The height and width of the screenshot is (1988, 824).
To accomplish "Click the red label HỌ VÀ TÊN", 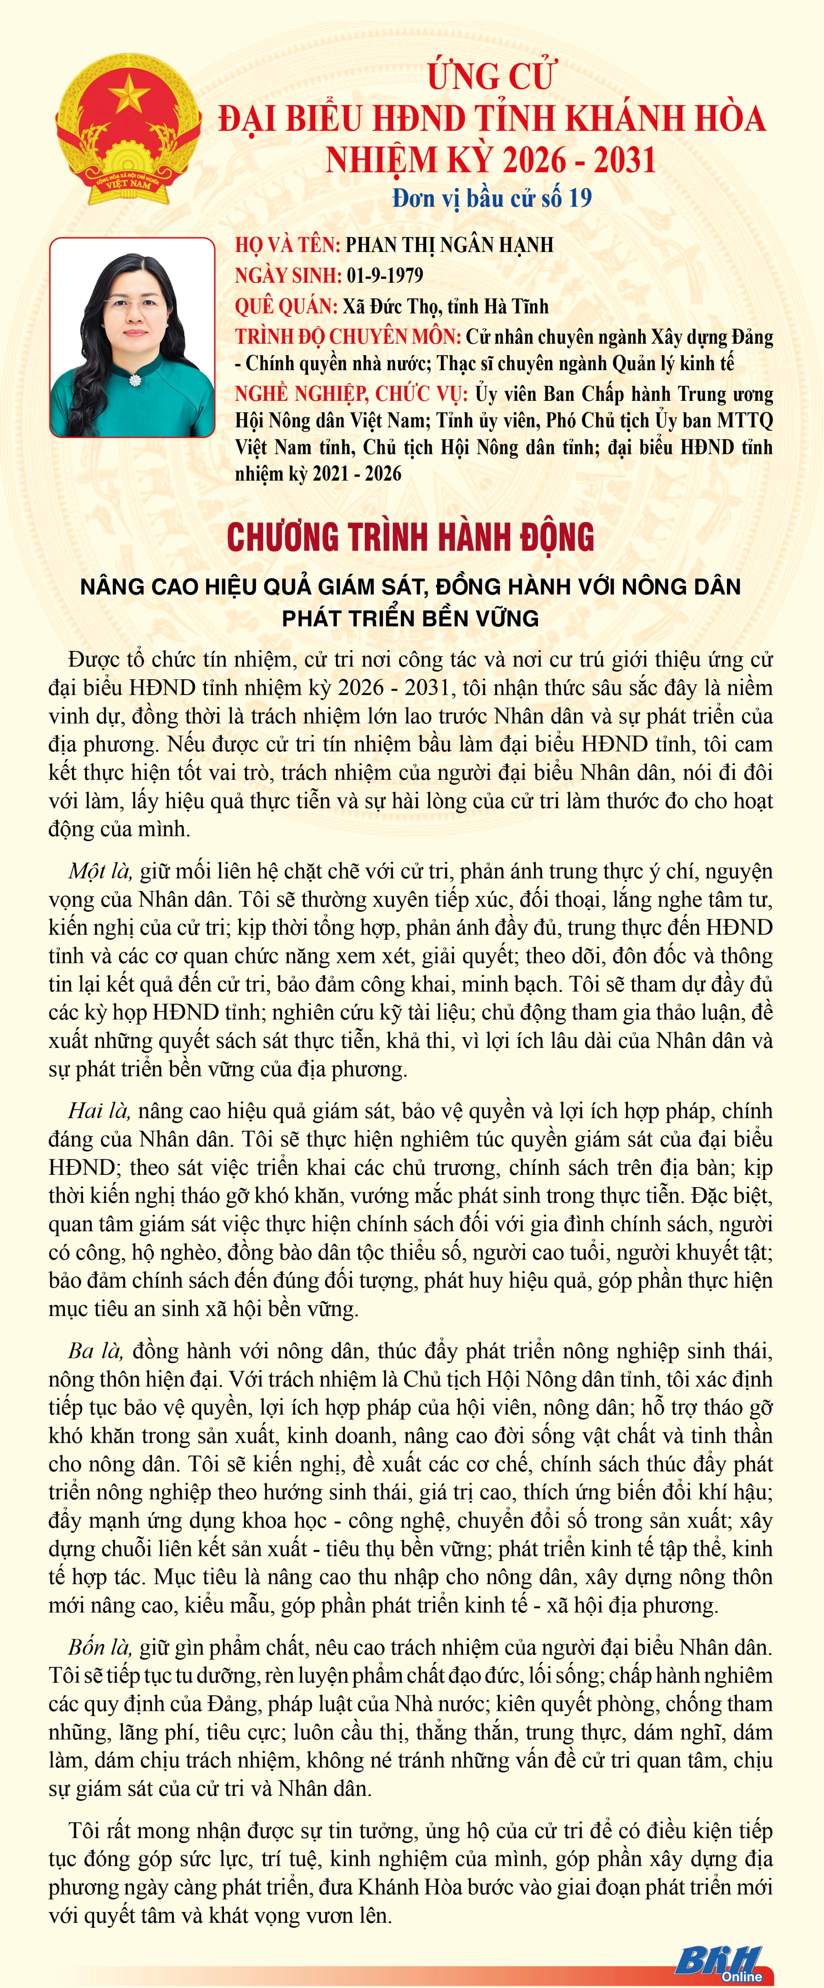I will [x=287, y=245].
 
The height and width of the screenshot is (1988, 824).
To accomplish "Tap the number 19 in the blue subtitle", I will [x=579, y=198].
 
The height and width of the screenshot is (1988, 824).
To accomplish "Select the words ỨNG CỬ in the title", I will [x=491, y=76].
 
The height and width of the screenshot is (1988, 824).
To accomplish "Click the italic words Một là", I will [x=100, y=871].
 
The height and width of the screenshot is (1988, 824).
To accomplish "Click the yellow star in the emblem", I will [x=129, y=94].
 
